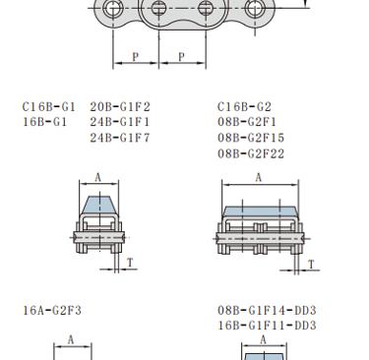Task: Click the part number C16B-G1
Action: click(x=49, y=107)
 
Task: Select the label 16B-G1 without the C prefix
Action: click(x=44, y=122)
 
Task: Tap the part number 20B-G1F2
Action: click(x=120, y=107)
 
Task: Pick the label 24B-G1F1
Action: click(x=120, y=122)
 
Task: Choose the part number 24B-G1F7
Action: click(x=120, y=138)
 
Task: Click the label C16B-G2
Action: click(x=244, y=107)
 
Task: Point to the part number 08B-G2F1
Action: click(x=247, y=122)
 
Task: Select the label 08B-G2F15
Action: click(x=251, y=138)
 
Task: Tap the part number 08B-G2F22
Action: click(x=251, y=153)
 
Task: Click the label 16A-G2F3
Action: click(x=52, y=311)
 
